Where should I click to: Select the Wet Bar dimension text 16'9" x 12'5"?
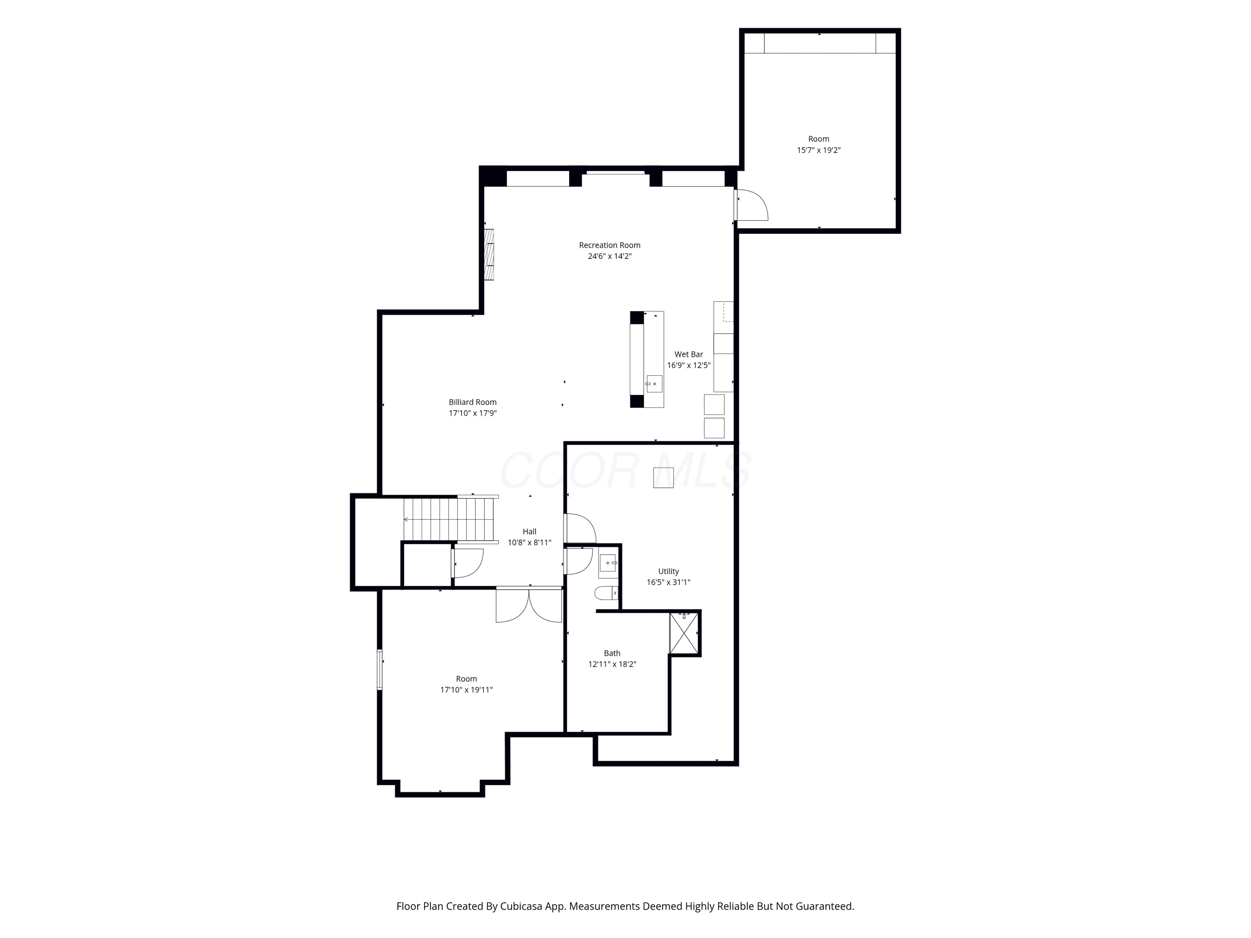point(689,365)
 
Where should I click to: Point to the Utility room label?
point(668,572)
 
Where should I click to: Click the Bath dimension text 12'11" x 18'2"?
point(612,665)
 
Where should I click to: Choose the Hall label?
point(529,532)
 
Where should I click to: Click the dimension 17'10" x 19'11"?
point(467,690)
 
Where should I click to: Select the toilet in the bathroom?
point(606,593)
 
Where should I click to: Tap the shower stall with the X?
point(684,633)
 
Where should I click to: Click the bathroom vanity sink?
point(608,563)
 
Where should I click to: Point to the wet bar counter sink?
point(654,384)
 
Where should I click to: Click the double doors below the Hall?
point(529,605)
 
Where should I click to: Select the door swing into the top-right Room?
point(751,205)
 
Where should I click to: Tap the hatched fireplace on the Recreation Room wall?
point(489,254)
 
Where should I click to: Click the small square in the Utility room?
point(663,478)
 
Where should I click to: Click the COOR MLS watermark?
point(625,470)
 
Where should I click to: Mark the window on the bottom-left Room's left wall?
point(380,670)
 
